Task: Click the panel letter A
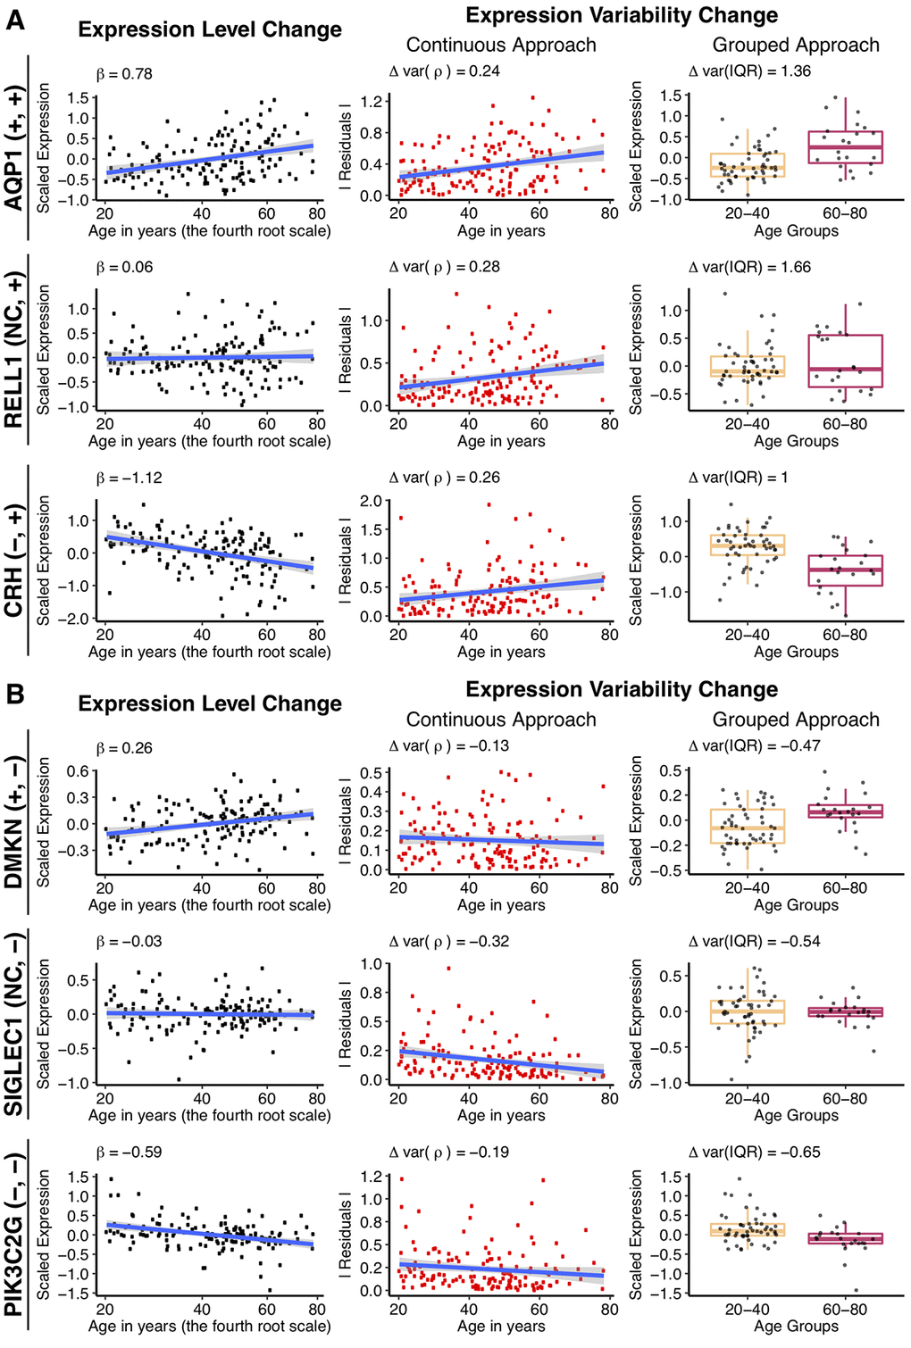15,19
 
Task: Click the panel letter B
15,694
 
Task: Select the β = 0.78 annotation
124,74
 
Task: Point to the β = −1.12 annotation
130,478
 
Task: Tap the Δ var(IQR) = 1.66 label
749,267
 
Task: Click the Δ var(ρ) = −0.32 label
449,941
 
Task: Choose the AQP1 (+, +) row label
15,147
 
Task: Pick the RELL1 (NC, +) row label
15,349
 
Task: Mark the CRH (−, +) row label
15,560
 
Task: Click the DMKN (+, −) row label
15,822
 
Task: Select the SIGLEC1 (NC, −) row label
15,1024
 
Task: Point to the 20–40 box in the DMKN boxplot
748,827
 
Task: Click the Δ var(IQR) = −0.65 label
755,1152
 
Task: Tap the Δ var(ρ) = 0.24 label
445,71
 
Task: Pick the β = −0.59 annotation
130,1152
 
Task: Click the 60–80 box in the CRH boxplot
845,570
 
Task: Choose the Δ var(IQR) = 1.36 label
749,71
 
